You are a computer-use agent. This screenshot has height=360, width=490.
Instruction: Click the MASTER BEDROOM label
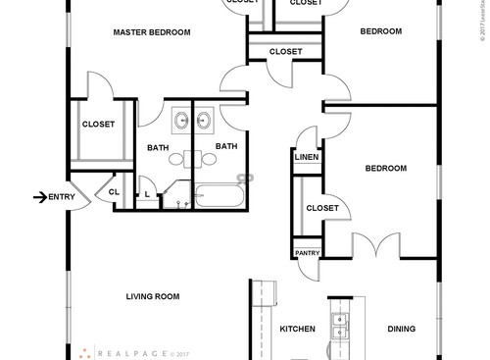point(152,32)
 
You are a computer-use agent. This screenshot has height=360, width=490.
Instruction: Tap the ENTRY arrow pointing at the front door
point(40,197)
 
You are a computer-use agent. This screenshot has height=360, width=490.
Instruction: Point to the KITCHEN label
point(298,330)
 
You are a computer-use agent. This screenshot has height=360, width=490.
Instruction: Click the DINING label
point(401,330)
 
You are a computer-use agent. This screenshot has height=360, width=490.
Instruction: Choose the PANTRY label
point(308,253)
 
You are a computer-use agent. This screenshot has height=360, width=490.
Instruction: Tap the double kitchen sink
point(340,325)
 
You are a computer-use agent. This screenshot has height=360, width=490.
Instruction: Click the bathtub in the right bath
point(219,196)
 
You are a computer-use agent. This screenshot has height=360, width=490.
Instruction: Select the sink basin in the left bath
point(182,122)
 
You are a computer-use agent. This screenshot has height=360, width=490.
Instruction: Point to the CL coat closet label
point(114,192)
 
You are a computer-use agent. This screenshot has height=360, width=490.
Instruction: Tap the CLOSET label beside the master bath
point(98,125)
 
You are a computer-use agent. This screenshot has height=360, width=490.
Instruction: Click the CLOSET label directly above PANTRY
point(322,208)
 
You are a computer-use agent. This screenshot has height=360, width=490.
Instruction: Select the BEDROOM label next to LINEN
point(385,169)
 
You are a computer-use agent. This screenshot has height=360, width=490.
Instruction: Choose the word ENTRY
point(62,197)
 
